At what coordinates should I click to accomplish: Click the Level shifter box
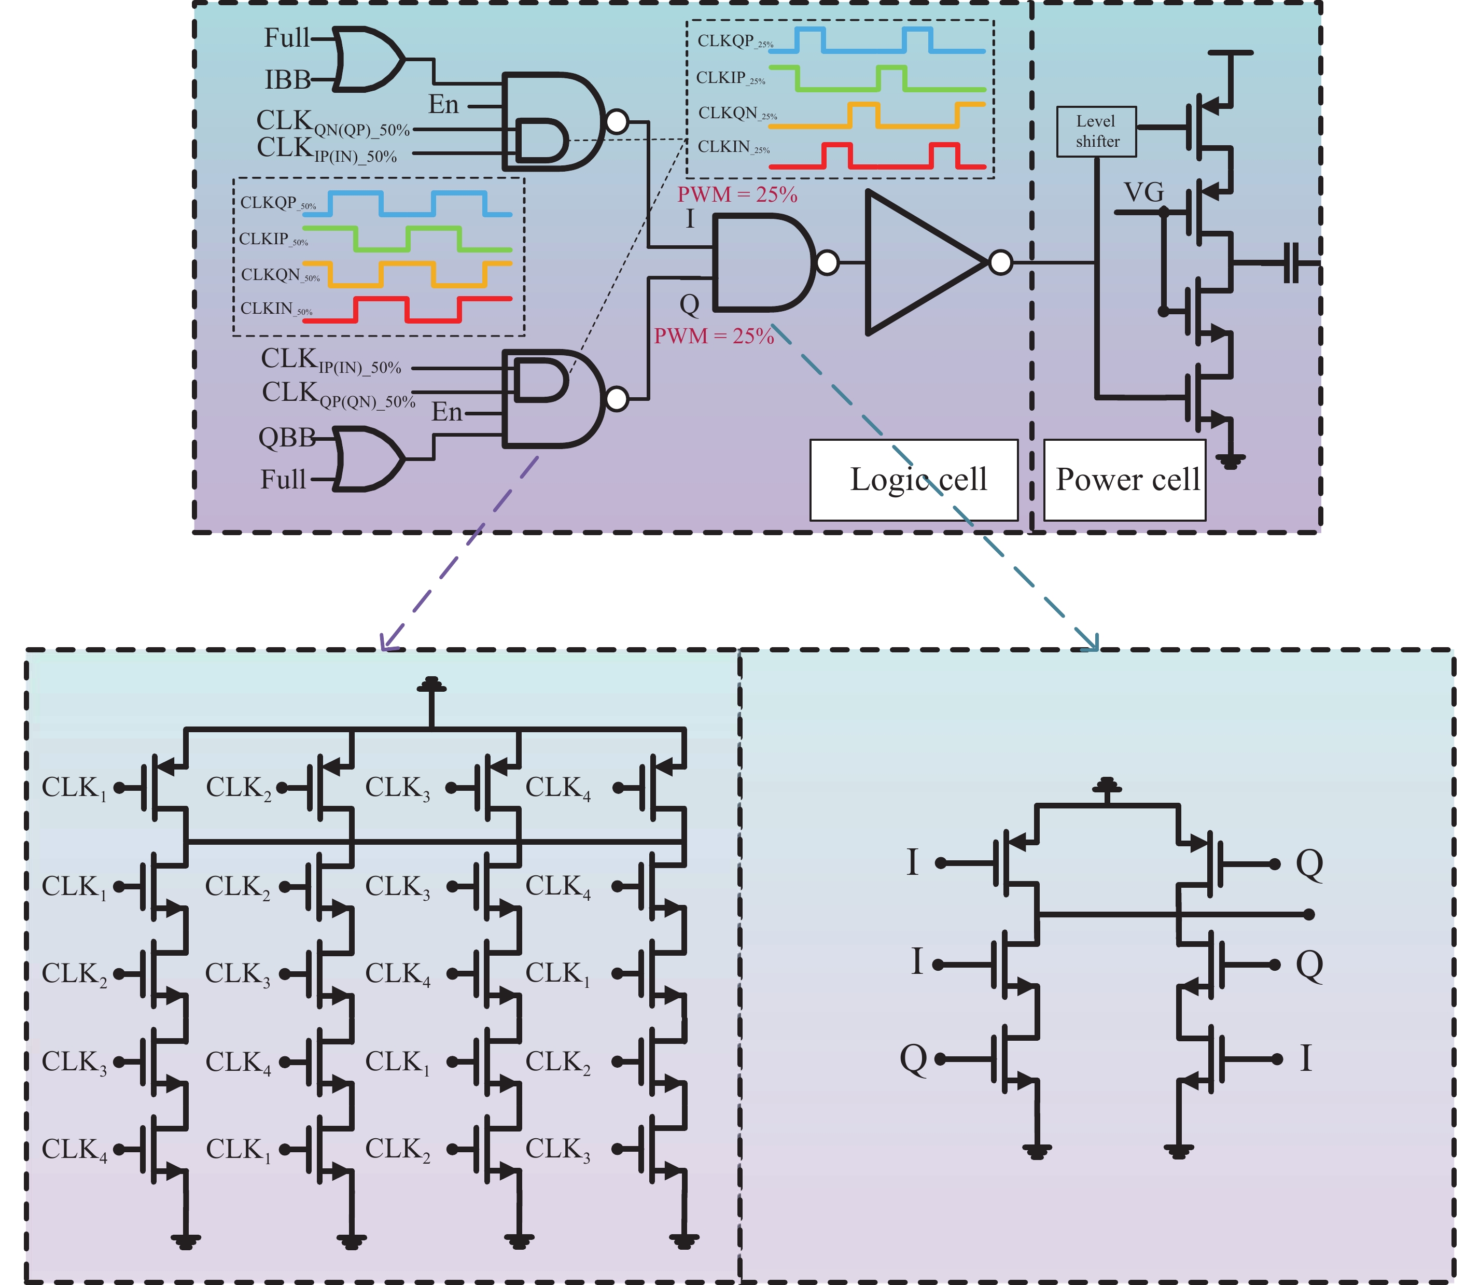coord(1096,131)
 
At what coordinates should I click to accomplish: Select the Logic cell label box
coord(914,479)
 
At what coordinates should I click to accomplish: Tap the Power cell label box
coord(1124,479)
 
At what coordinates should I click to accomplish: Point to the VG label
coord(1143,192)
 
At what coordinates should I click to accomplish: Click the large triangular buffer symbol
coord(921,262)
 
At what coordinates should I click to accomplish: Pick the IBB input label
coord(287,79)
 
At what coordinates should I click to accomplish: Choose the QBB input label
coord(286,437)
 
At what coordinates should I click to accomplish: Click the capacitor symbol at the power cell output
coord(1291,263)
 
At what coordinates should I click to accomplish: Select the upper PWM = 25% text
coord(737,194)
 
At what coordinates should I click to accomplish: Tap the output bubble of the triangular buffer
coord(1000,262)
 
